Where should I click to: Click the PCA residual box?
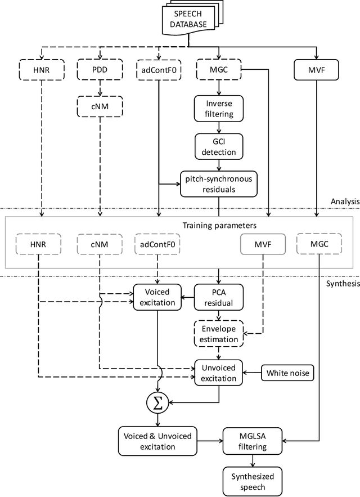[218, 297]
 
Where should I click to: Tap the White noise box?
[286, 373]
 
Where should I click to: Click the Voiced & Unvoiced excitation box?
[154, 440]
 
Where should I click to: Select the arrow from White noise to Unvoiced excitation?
[251, 373]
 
